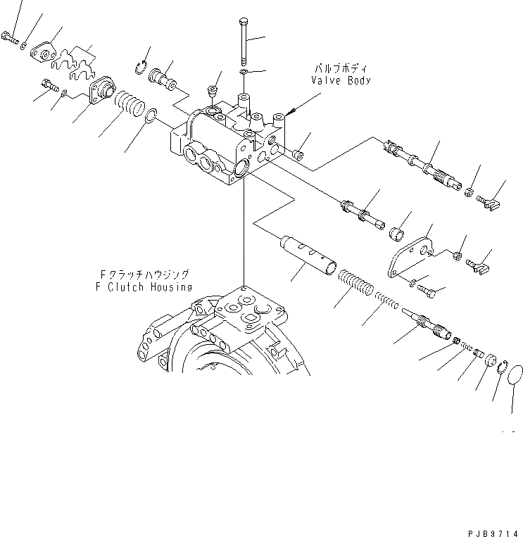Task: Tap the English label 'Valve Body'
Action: [341, 80]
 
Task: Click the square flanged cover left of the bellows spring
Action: [103, 91]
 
